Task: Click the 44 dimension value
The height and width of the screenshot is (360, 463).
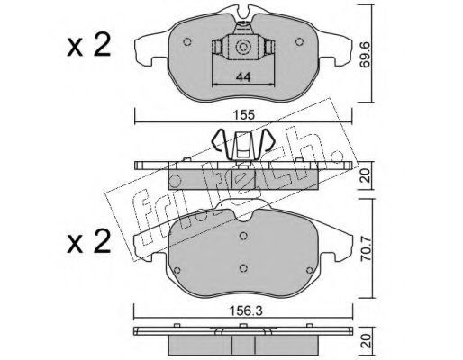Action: (x=243, y=77)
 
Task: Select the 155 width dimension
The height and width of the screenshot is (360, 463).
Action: (x=244, y=115)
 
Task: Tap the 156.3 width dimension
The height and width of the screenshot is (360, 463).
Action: (x=246, y=310)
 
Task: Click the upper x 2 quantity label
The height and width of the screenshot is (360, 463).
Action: (x=89, y=46)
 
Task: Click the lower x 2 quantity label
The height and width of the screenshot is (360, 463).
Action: (x=89, y=241)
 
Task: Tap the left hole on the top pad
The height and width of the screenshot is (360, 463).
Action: (x=187, y=41)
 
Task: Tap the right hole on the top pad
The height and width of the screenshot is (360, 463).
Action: (x=299, y=41)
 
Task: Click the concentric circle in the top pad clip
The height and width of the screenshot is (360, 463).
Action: (x=242, y=47)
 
